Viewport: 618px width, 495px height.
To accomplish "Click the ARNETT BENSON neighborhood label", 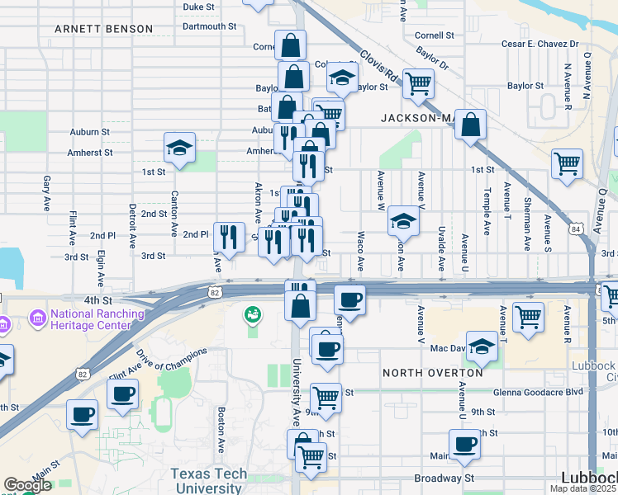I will (103, 29).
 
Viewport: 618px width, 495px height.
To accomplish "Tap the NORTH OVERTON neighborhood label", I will (433, 373).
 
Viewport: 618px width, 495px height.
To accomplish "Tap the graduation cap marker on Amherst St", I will (178, 148).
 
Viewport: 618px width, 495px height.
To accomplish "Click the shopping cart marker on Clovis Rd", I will (418, 83).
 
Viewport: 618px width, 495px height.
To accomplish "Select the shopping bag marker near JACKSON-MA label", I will (470, 125).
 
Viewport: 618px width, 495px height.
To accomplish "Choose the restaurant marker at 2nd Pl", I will (228, 237).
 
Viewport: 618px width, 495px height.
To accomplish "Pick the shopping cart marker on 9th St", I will (326, 398).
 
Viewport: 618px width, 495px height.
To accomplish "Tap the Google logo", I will (27, 485).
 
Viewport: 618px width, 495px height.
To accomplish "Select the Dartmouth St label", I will (209, 26).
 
